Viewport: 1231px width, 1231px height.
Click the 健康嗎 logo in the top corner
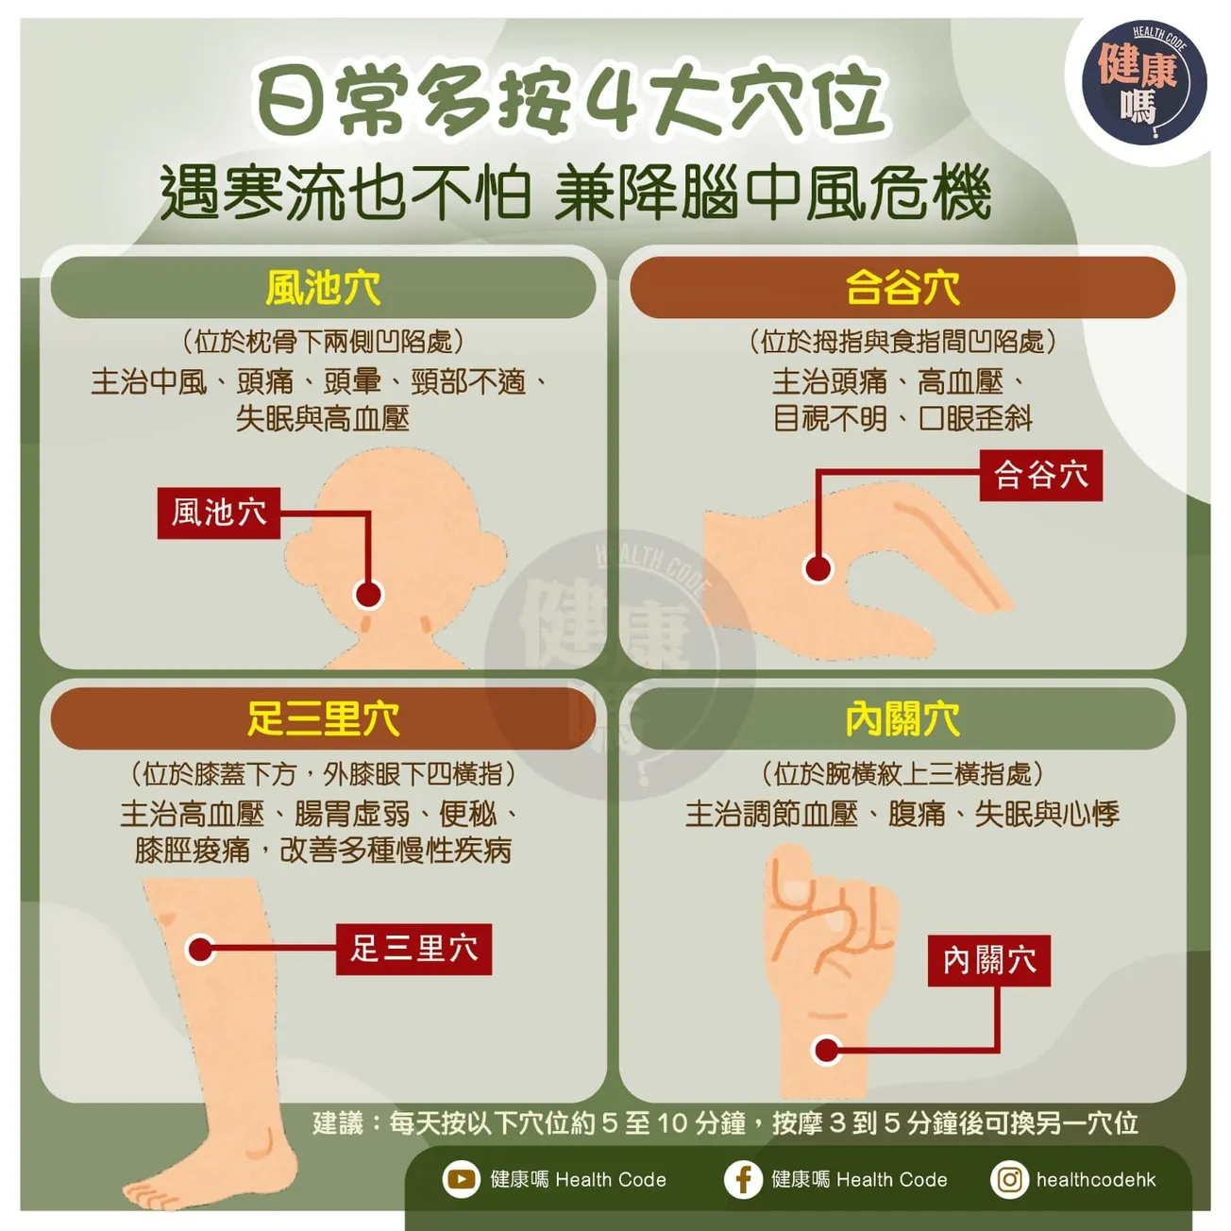click(x=1143, y=83)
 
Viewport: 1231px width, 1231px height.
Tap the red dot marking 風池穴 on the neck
click(x=368, y=594)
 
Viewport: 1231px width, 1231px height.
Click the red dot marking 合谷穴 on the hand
click(x=818, y=568)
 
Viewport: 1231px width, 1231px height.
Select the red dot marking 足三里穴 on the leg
click(x=200, y=949)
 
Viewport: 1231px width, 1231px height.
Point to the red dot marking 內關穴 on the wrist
click(x=827, y=1050)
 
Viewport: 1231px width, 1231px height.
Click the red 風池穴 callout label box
click(x=219, y=513)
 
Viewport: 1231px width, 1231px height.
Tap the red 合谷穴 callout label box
click(x=1040, y=475)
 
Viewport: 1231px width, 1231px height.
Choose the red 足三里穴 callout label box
click(x=413, y=949)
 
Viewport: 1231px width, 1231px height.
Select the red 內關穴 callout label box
click(x=988, y=961)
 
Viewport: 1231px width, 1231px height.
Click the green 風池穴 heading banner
click(x=323, y=288)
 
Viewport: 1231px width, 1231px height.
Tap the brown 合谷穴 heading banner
click(x=902, y=288)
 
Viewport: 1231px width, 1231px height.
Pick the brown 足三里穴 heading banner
click(x=323, y=718)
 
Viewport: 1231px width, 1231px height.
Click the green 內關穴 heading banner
click(x=902, y=718)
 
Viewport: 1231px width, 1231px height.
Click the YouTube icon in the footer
click(x=461, y=1179)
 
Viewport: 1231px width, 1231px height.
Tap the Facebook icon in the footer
click(x=743, y=1179)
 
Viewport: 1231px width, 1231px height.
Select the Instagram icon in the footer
click(x=1009, y=1179)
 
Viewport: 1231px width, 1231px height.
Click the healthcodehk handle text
click(x=1095, y=1179)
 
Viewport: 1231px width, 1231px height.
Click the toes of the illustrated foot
click(x=156, y=1192)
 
